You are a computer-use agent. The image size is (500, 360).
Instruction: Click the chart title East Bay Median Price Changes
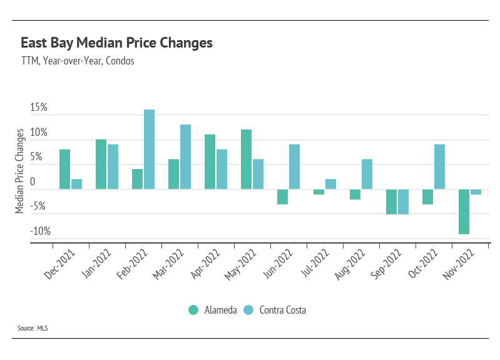click(x=116, y=43)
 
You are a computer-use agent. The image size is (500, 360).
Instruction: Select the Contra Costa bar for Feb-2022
click(x=149, y=150)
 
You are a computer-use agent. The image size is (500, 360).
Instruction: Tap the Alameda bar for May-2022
click(x=246, y=159)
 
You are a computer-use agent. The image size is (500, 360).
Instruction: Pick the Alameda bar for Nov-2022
click(x=464, y=212)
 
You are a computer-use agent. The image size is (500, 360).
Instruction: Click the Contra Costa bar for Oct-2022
click(x=439, y=167)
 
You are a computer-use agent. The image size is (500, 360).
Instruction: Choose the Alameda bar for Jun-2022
click(x=282, y=197)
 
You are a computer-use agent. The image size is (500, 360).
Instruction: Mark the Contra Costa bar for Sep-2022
click(x=403, y=202)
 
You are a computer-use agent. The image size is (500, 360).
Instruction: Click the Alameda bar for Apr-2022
click(x=210, y=162)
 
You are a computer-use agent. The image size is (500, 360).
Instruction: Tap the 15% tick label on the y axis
click(x=39, y=108)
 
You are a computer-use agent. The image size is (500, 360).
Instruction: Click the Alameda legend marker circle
click(x=193, y=310)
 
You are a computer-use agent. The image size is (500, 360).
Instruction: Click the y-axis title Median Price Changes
click(x=20, y=170)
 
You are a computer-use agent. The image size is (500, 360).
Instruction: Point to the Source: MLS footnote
click(x=33, y=328)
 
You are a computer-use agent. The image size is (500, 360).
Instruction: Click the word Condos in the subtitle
click(x=120, y=61)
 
